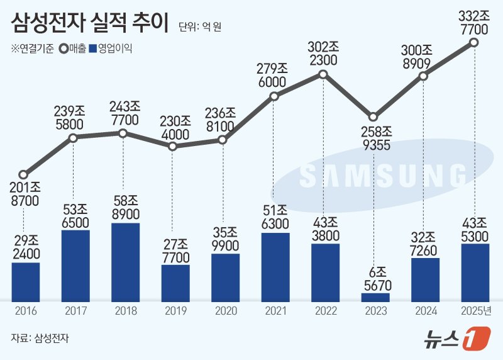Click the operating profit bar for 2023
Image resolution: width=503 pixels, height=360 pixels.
[x=375, y=296]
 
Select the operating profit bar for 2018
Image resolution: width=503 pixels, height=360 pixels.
[x=124, y=262]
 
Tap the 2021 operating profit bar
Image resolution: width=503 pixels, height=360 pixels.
[x=275, y=267]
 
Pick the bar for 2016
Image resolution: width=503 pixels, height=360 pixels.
[x=26, y=281]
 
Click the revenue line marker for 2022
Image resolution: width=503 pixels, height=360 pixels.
[x=323, y=74]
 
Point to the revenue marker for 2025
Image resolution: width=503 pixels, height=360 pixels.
[x=474, y=43]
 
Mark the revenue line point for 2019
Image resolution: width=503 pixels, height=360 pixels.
[x=174, y=146]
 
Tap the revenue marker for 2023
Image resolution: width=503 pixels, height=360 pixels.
[x=373, y=117]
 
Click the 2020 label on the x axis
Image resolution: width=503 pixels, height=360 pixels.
[x=225, y=310]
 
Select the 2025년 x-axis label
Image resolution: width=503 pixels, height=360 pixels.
[x=475, y=310]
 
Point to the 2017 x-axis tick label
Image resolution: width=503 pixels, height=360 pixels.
[x=75, y=310]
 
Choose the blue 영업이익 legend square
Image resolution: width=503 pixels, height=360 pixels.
[x=94, y=47]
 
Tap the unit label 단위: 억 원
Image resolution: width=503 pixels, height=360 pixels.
[x=200, y=26]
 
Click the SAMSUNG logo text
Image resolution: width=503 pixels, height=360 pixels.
[x=384, y=176]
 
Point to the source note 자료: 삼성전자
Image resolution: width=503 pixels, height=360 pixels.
[x=40, y=338]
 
